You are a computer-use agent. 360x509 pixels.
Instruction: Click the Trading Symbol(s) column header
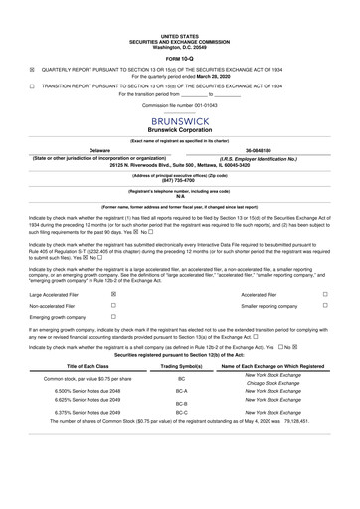coord(181,366)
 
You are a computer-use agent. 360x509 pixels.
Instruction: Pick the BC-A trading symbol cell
coord(181,394)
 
